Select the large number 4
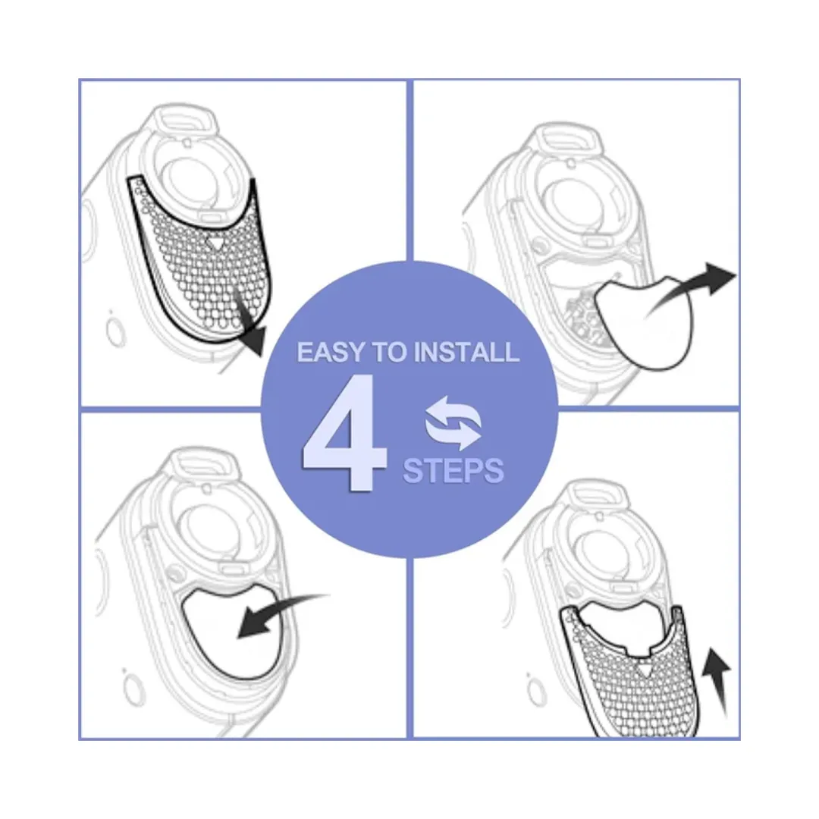345,433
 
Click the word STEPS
453,470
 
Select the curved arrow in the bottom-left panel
282,613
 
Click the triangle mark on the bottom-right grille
644,670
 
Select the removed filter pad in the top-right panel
645,322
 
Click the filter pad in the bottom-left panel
234,632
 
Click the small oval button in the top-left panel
115,331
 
